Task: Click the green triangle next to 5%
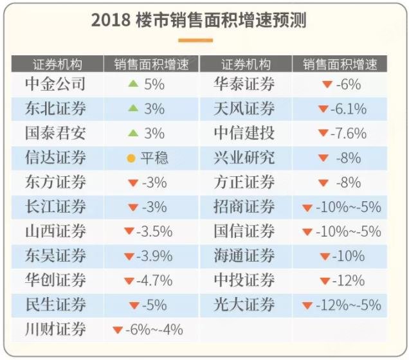pos(133,84)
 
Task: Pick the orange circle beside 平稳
pos(131,158)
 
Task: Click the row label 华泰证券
pos(244,84)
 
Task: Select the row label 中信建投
pos(244,133)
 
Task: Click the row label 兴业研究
pos(244,157)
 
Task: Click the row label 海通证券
pos(244,256)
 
